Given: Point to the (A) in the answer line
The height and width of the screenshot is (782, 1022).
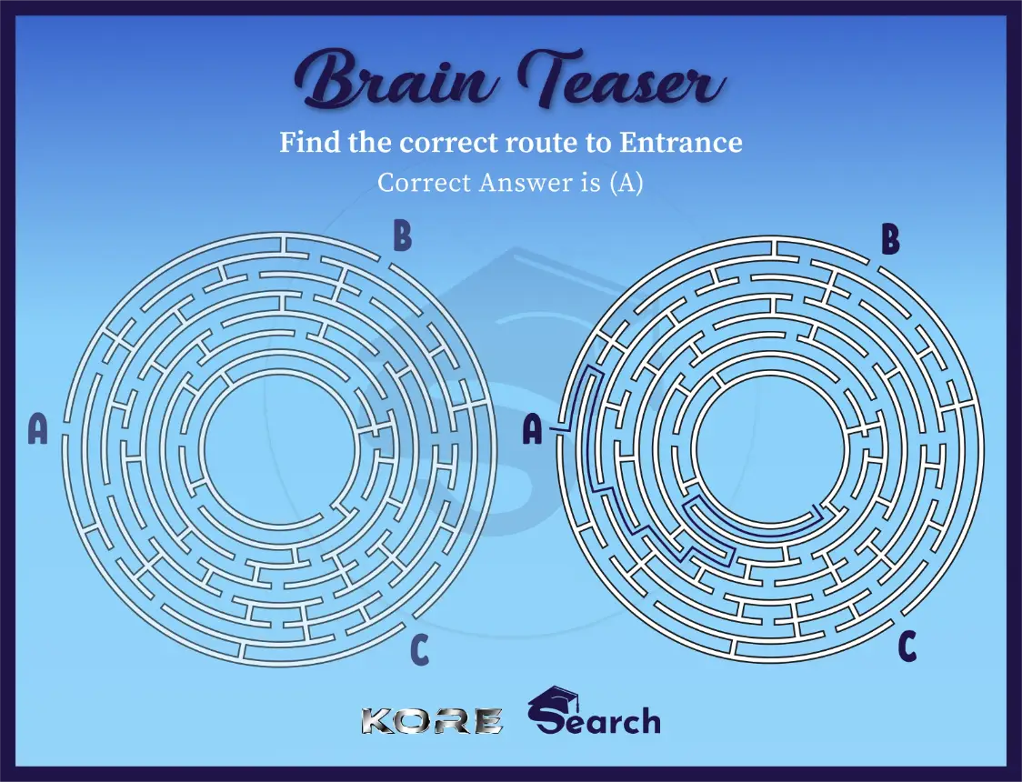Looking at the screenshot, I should click(x=626, y=183).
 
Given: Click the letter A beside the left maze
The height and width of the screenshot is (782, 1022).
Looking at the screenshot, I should click(x=37, y=429).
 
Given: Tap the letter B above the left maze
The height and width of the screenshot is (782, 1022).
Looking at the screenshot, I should click(x=402, y=237).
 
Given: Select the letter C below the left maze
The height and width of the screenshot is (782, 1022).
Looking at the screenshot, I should click(x=419, y=649).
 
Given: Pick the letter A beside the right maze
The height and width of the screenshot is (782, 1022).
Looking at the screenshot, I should click(x=533, y=429).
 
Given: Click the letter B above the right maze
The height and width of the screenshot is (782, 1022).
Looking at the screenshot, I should click(x=890, y=241).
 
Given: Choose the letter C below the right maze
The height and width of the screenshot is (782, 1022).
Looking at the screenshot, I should click(x=907, y=647).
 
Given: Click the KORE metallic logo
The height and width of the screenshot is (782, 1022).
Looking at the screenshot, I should click(x=431, y=721).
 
